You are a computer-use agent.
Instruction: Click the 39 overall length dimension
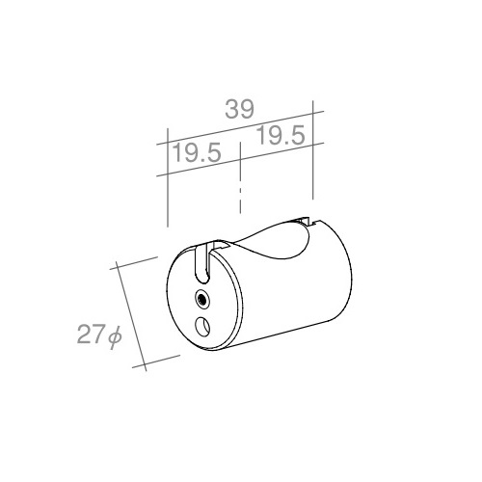tap(239, 109)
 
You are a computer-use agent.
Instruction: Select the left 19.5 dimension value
tap(197, 152)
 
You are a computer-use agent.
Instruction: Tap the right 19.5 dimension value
tap(281, 135)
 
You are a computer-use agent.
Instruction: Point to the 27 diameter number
tap(91, 335)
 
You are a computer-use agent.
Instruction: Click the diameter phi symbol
tap(115, 336)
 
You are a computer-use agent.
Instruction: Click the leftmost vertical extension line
tap(168, 177)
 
